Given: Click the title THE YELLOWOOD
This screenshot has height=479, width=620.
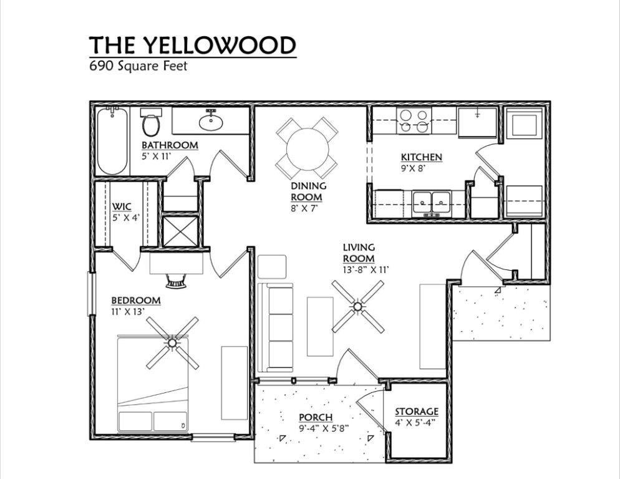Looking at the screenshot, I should coord(192,46).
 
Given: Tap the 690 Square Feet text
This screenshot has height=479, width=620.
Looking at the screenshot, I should coord(138,65).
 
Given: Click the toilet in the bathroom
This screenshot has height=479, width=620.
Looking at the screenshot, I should coord(150,123).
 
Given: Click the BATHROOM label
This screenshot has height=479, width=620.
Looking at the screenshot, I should coord(169,145).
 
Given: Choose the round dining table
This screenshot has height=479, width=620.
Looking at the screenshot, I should coord(307,148).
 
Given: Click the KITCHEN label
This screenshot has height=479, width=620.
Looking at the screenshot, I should coord(421,157).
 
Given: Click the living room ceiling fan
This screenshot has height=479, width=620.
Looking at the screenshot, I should coord(357,306).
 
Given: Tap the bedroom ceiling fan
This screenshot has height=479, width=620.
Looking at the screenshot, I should coord(172,342).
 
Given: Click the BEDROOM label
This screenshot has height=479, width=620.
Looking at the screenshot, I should coord(136,301).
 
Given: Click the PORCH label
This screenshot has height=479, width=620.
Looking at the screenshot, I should coord(315,417).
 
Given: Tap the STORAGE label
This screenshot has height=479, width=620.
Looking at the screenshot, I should coord(416,412).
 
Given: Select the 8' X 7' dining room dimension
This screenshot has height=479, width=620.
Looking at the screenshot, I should coord(304,208).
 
